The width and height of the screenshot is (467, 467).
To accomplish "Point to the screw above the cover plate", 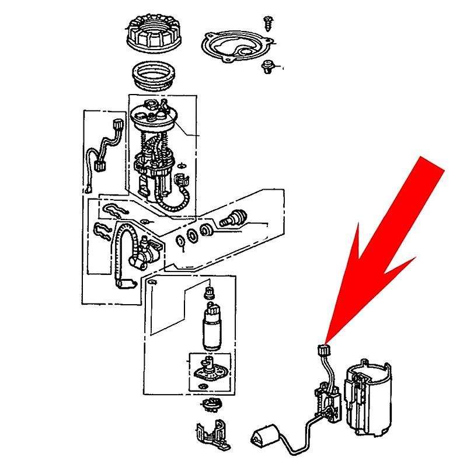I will coord(269,22).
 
